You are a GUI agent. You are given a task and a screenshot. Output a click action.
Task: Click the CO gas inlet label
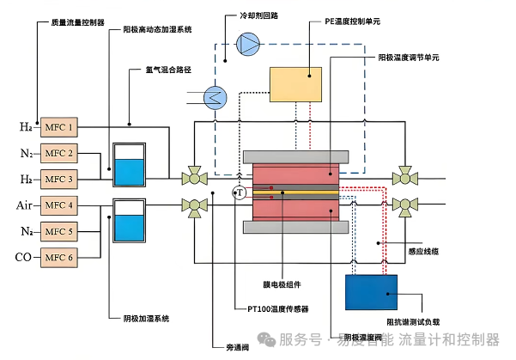coord(23,257)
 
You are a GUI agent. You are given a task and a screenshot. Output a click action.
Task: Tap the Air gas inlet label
coord(23,205)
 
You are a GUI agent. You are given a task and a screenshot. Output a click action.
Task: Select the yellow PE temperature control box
coord(294,85)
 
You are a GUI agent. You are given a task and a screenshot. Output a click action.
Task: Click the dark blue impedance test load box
coord(371,291)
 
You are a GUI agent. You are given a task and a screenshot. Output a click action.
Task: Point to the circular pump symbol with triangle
coord(248,41)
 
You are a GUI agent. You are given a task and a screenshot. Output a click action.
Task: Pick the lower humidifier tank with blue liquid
coord(130,221)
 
